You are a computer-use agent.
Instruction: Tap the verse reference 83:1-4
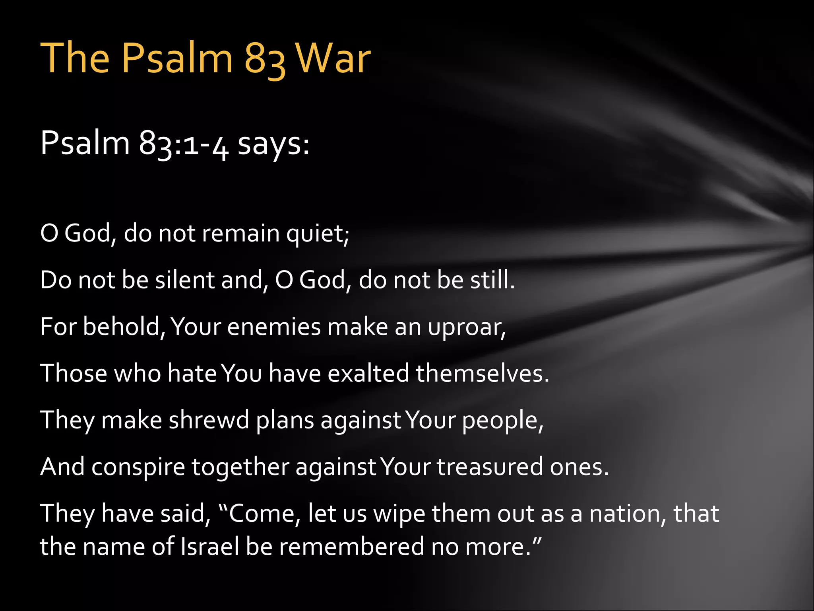pyautogui.click(x=184, y=144)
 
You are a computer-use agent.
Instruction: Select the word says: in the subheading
pyautogui.click(x=273, y=144)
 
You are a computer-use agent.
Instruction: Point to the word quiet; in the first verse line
pyautogui.click(x=318, y=234)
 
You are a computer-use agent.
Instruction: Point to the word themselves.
pyautogui.click(x=482, y=374)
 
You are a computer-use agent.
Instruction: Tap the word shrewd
pyautogui.click(x=209, y=420)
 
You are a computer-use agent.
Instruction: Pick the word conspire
pyautogui.click(x=138, y=467)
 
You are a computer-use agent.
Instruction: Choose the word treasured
pyautogui.click(x=490, y=467)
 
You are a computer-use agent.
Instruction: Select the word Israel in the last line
pyautogui.click(x=210, y=546)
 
